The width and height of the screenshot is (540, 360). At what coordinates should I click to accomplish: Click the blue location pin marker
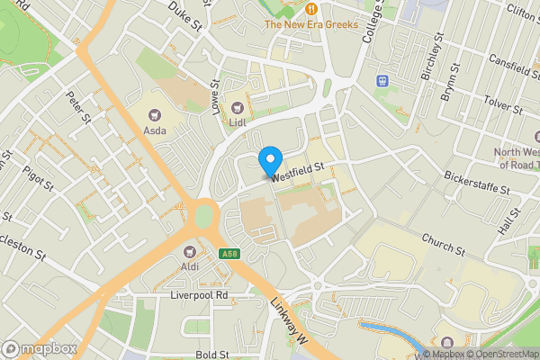pos(269,161)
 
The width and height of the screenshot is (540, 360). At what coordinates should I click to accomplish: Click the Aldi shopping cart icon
pos(190,251)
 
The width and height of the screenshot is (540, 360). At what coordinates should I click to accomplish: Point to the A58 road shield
pos(229,255)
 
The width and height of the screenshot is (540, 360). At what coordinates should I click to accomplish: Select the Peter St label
pos(79,106)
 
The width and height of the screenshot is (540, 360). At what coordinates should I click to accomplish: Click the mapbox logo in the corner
pos(38,347)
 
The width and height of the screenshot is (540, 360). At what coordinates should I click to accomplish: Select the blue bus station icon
pos(382,80)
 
